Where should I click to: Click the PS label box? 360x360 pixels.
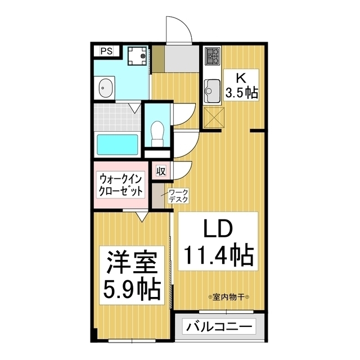[x=106, y=51]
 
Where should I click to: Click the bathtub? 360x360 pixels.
[x=117, y=145]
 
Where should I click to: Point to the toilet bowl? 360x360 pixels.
[x=157, y=129]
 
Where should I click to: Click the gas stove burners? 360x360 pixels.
[x=213, y=55]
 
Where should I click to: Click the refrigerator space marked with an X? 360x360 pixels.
[x=213, y=117]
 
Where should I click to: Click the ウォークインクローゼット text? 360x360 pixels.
[x=121, y=184]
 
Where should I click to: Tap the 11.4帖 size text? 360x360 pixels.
[x=217, y=258]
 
